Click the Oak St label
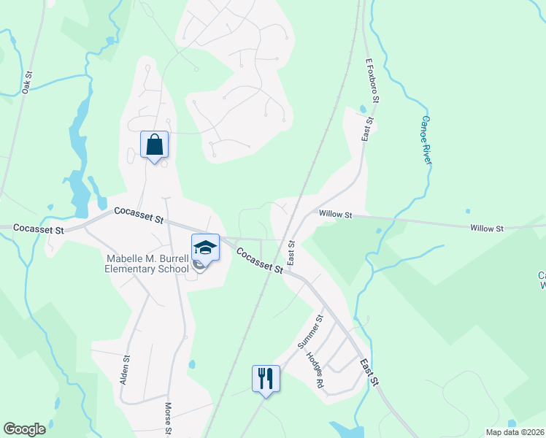pyautogui.click(x=28, y=80)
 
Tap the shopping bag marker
pyautogui.click(x=154, y=145)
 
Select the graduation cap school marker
pyautogui.click(x=205, y=247)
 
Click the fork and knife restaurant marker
pyautogui.click(x=266, y=379)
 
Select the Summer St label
pyautogui.click(x=309, y=331)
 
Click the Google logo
pyautogui.click(x=24, y=429)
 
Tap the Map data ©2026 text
pyautogui.click(x=515, y=431)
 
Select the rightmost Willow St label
pyautogui.click(x=487, y=228)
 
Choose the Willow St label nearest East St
pyautogui.click(x=335, y=215)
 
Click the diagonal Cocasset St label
pyautogui.click(x=259, y=261)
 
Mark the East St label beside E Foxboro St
pyautogui.click(x=366, y=129)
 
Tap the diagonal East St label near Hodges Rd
pyautogui.click(x=370, y=372)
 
